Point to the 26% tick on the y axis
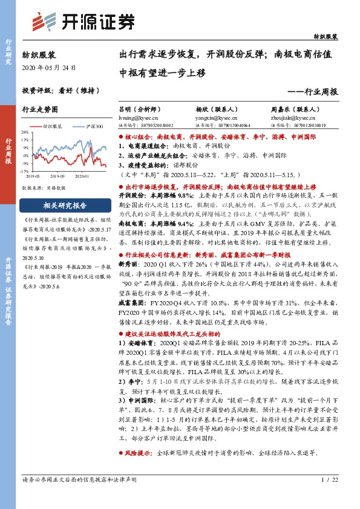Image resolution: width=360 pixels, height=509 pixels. (x=26, y=132)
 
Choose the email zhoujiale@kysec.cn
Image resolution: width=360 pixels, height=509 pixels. (x=290, y=118)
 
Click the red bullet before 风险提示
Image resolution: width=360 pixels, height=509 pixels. (x=121, y=453)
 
